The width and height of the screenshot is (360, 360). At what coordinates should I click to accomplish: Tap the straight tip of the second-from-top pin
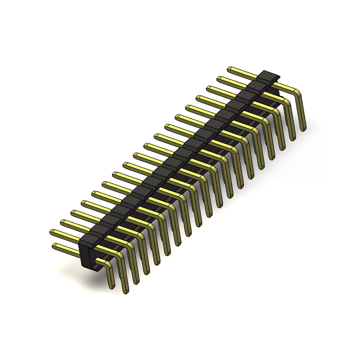coord(219,78)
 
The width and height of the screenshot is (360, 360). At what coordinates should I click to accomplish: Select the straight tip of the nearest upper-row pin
coord(52,232)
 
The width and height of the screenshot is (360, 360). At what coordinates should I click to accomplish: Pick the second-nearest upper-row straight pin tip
coord(63,222)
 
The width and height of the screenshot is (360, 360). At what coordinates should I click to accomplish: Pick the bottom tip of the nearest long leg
coord(126,292)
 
